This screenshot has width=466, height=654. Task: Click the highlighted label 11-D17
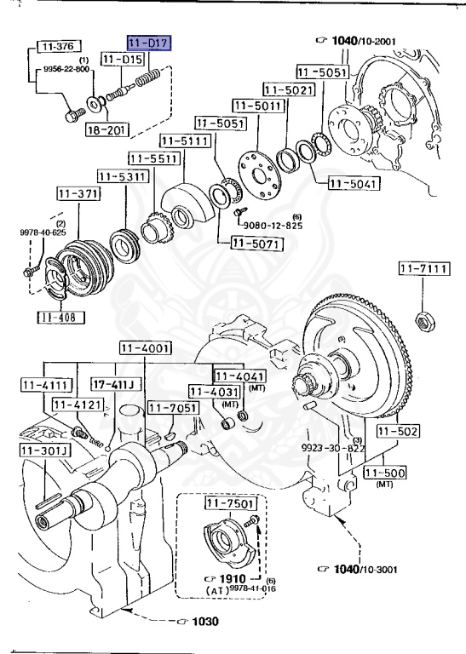(149, 43)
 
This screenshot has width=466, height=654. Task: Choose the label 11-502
(398, 432)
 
